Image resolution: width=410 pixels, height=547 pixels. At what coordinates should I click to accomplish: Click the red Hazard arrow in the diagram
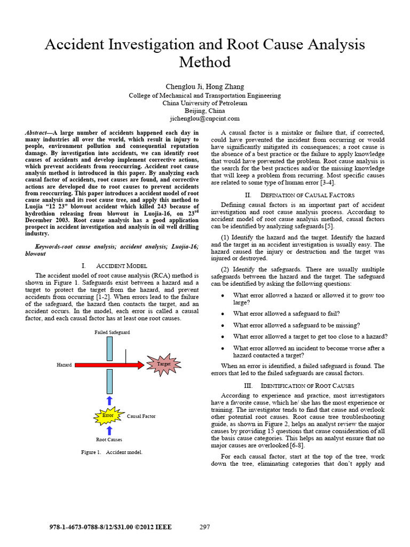coord(107,365)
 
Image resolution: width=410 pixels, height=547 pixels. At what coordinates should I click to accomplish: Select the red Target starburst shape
coord(163,364)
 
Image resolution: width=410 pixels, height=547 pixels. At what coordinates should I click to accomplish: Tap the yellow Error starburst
coord(109,415)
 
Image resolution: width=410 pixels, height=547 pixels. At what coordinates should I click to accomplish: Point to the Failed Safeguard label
coord(112,332)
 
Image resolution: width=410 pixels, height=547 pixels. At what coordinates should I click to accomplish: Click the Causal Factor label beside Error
coord(141,415)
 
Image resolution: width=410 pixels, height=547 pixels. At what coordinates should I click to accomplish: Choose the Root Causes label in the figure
coord(109,440)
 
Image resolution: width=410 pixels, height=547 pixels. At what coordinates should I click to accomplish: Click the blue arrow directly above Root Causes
coord(109,430)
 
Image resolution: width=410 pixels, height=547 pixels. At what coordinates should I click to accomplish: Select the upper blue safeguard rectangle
coord(109,348)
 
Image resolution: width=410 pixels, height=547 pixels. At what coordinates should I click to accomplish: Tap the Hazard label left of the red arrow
coord(64,365)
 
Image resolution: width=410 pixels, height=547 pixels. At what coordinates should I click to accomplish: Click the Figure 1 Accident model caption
coord(112,452)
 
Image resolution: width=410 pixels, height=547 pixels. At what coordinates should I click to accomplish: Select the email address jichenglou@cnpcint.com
coord(205,119)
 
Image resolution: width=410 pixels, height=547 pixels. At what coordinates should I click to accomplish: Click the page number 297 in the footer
coord(204,527)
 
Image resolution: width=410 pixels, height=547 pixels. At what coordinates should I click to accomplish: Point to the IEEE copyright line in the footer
coord(110,527)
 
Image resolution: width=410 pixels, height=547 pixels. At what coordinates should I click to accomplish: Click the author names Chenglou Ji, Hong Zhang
coord(205,87)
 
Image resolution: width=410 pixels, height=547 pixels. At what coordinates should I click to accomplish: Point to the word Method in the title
coord(205,62)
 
